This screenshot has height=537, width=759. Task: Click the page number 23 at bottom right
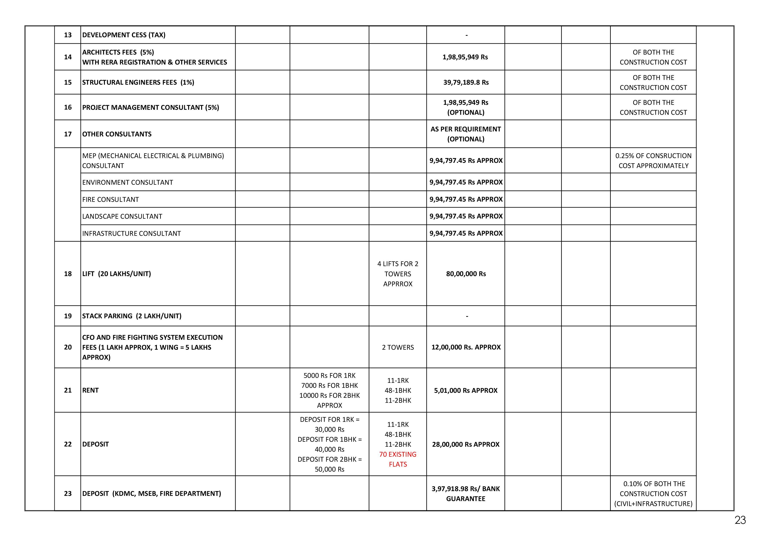(740, 520)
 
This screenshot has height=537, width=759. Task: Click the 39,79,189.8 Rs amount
(466, 82)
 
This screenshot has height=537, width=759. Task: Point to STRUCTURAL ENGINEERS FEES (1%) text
(138, 82)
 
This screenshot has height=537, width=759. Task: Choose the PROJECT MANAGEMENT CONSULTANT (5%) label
(150, 107)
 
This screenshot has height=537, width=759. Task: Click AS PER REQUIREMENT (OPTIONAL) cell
(466, 134)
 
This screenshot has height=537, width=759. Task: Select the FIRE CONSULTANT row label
(110, 199)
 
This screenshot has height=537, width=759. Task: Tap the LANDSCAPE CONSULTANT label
(122, 216)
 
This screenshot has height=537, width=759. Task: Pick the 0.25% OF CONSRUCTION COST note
(653, 161)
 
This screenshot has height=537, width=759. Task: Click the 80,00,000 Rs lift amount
(466, 274)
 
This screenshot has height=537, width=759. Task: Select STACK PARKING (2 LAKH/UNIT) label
(132, 316)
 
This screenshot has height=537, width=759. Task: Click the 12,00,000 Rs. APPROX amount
(466, 347)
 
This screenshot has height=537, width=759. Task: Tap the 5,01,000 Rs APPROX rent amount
(466, 390)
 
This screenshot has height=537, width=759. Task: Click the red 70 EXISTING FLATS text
(398, 459)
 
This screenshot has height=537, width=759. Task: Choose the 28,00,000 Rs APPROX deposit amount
(466, 444)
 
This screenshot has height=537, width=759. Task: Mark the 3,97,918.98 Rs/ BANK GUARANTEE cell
(466, 494)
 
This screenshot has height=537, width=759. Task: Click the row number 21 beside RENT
(68, 390)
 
